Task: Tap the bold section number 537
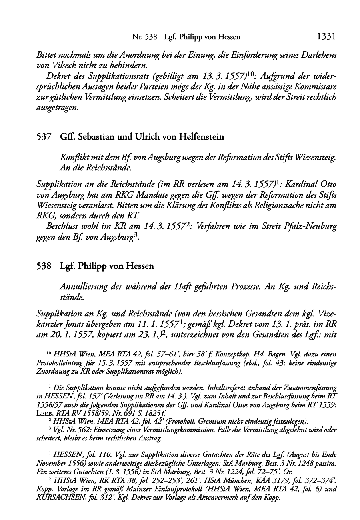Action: coord(44,137)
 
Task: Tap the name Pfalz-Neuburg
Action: coord(310,226)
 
